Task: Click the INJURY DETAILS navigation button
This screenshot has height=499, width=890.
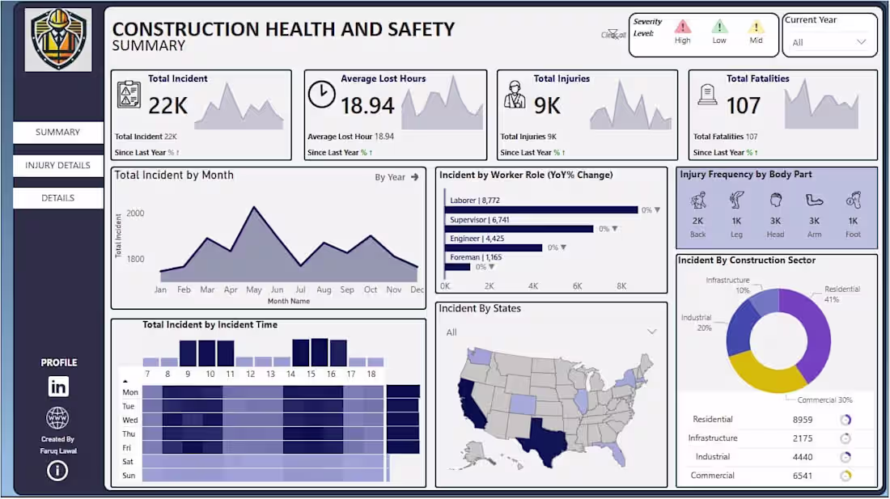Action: click(57, 165)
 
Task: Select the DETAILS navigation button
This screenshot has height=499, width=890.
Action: click(57, 198)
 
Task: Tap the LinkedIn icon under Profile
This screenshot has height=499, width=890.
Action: click(58, 387)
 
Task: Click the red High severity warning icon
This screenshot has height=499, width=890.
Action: click(683, 27)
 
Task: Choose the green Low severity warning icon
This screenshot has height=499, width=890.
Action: click(719, 27)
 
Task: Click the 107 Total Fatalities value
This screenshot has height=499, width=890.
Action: click(743, 106)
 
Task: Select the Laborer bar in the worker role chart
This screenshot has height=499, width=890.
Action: click(540, 210)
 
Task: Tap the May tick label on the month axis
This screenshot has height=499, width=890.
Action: click(254, 290)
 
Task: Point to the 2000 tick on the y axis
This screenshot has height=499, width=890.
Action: click(135, 214)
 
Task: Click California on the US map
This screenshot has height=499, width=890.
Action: click(471, 404)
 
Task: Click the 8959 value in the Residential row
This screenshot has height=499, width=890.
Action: click(803, 420)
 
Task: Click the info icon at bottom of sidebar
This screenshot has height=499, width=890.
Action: click(57, 470)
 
